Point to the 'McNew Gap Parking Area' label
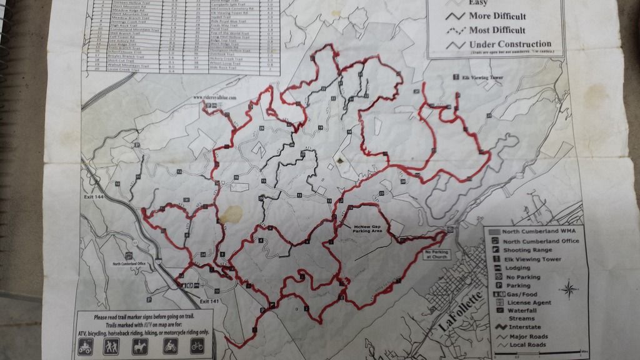pyautogui.click(x=367, y=229)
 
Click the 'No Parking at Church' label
pyautogui.click(x=436, y=254)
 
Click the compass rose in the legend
pyautogui.click(x=569, y=289)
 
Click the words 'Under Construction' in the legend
pyautogui.click(x=510, y=44)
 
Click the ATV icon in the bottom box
pyautogui.click(x=86, y=347)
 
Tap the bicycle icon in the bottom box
pyautogui.click(x=197, y=346)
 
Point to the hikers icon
pyautogui.click(x=112, y=347)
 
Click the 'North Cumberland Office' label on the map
pyautogui.click(x=129, y=264)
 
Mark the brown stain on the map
pyautogui.click(x=232, y=214)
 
